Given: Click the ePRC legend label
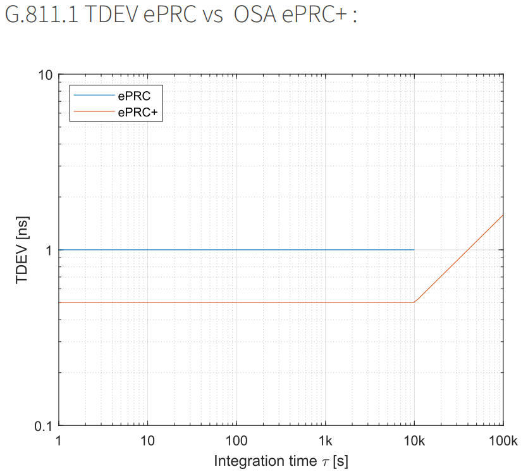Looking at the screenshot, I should click(x=133, y=97).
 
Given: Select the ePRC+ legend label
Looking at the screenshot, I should click(x=136, y=111).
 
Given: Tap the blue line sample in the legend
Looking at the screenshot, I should click(x=93, y=97).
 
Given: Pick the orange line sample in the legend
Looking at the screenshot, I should click(x=93, y=111).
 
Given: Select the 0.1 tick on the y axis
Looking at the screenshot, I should click(x=42, y=426).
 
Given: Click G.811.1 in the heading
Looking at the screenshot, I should click(x=40, y=16).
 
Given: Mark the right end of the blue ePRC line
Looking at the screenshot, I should click(x=414, y=250).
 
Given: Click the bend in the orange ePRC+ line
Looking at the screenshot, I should click(x=414, y=302).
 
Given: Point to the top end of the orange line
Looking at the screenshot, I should click(x=503, y=215).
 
